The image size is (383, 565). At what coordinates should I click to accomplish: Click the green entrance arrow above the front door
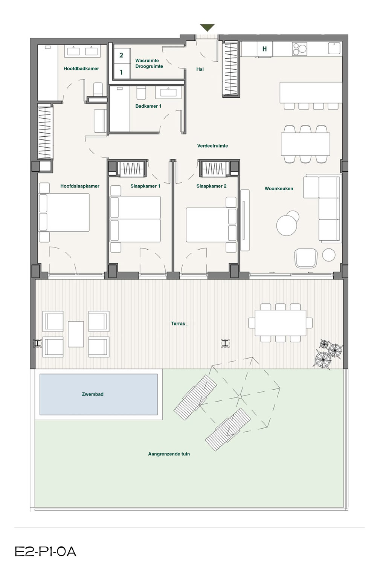click(x=207, y=27)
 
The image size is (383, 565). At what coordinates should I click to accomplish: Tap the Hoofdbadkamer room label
click(x=81, y=68)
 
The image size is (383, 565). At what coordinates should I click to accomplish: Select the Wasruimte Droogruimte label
click(x=149, y=63)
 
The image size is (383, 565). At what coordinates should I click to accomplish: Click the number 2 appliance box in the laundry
click(x=121, y=55)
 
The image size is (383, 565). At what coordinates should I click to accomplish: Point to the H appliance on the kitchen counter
click(x=264, y=49)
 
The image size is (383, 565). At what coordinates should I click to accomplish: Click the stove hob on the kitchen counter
click(x=300, y=49)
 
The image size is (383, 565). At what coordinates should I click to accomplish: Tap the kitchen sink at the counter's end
click(x=334, y=48)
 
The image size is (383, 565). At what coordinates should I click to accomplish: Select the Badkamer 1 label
click(x=148, y=106)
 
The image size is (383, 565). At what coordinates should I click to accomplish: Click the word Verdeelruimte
click(x=212, y=146)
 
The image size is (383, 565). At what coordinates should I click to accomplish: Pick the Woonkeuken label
click(x=279, y=188)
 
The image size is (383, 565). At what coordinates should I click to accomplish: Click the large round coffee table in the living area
click(x=287, y=225)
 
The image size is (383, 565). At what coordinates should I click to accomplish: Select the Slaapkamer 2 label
click(x=211, y=186)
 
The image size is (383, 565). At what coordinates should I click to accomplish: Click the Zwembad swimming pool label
click(x=93, y=394)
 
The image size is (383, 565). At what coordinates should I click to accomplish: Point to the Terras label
click(x=178, y=323)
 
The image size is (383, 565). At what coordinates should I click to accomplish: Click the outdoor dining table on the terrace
click(x=281, y=323)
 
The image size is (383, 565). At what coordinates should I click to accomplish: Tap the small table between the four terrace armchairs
click(x=76, y=334)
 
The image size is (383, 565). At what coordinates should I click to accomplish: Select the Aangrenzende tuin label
click(x=169, y=454)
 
